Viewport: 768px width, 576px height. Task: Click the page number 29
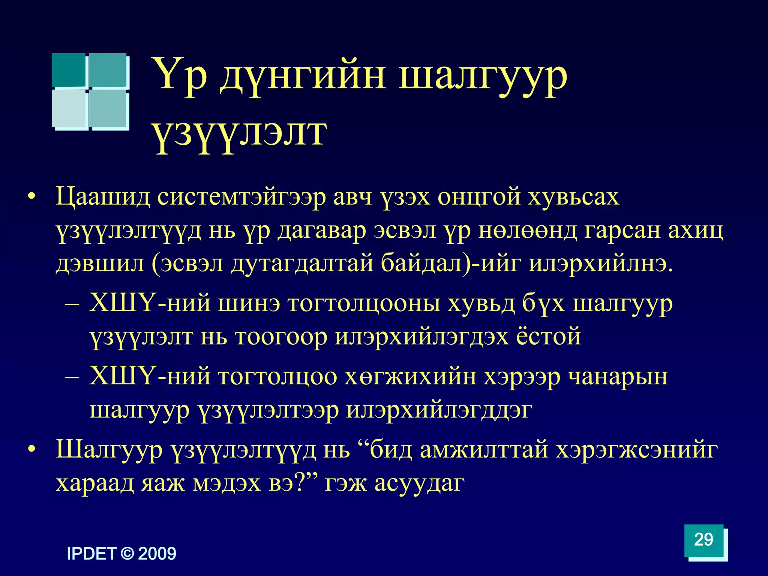[703, 540]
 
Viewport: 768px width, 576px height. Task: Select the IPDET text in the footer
[91, 554]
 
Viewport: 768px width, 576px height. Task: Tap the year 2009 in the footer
[157, 554]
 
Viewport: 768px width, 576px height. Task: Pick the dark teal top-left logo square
[69, 70]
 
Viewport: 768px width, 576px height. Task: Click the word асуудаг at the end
[420, 483]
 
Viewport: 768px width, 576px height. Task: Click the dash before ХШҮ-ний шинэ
[72, 304]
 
